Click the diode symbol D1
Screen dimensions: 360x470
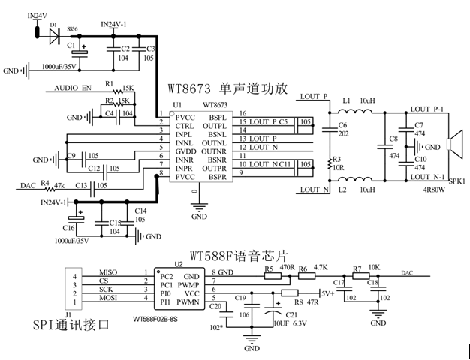[53, 34]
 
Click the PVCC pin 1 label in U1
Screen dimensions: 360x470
[185, 117]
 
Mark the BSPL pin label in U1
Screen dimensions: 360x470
[217, 117]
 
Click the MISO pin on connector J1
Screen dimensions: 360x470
[107, 271]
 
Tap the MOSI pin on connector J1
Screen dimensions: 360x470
[107, 298]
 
